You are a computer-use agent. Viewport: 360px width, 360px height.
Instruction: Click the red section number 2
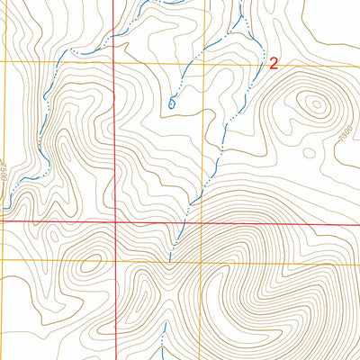coord(274,63)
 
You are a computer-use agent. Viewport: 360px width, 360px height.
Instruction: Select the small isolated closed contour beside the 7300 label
coord(309,153)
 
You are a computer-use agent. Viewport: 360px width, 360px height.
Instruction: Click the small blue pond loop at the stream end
coord(171,104)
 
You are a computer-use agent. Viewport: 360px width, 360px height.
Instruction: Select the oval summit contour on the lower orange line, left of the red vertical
coord(89,265)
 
